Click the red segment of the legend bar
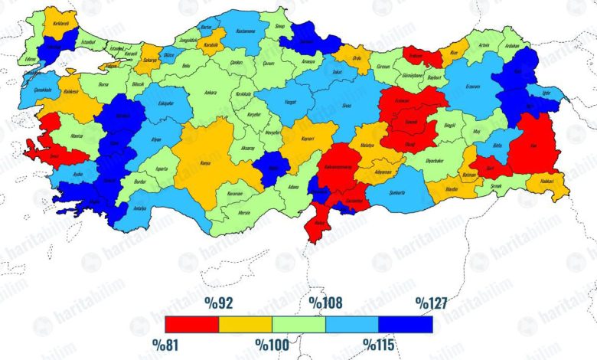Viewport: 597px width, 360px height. pos(191,324)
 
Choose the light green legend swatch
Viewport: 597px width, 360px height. pos(298,324)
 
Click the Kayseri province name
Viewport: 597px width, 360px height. pos(307,139)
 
